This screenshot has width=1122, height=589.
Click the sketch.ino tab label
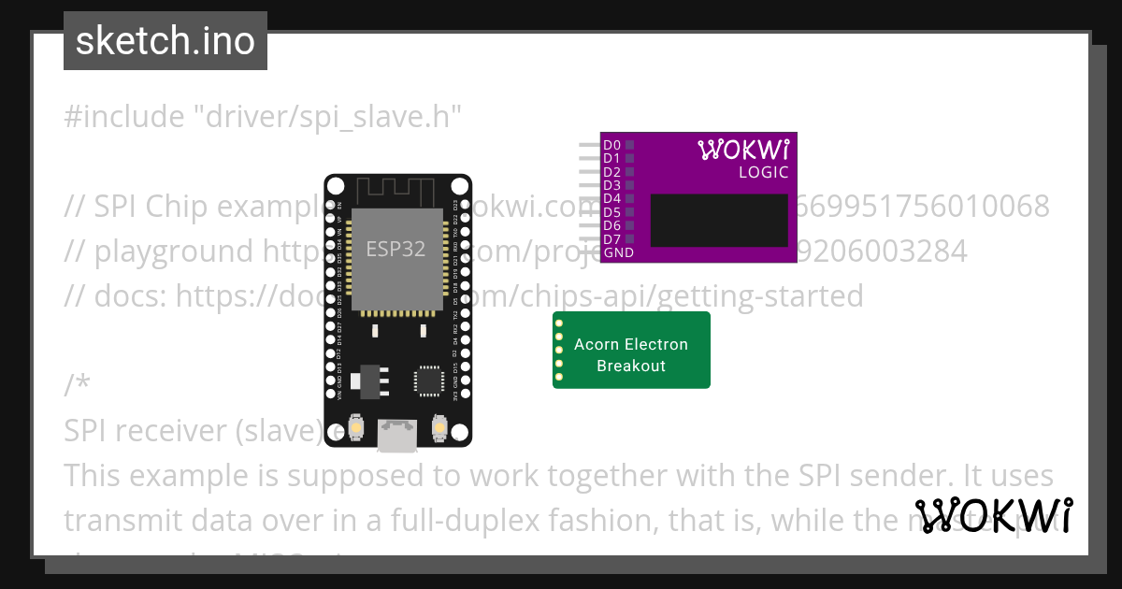click(x=165, y=41)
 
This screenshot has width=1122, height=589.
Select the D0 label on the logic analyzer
click(x=612, y=145)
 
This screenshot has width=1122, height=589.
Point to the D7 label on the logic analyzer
click(x=612, y=239)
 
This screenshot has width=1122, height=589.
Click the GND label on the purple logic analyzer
click(x=618, y=252)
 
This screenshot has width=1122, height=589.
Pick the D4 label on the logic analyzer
click(x=612, y=198)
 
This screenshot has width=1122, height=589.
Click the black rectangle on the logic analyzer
click(x=719, y=221)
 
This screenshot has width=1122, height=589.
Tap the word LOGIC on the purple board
click(x=764, y=172)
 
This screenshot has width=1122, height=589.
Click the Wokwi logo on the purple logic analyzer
click(x=743, y=150)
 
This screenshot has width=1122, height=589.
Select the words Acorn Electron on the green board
click(x=631, y=344)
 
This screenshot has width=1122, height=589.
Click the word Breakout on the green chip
click(x=631, y=366)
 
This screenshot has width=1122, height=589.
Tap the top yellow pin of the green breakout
click(x=559, y=323)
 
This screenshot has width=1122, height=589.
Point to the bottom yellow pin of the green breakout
click(x=559, y=377)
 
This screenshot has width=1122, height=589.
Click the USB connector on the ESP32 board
click(x=397, y=435)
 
